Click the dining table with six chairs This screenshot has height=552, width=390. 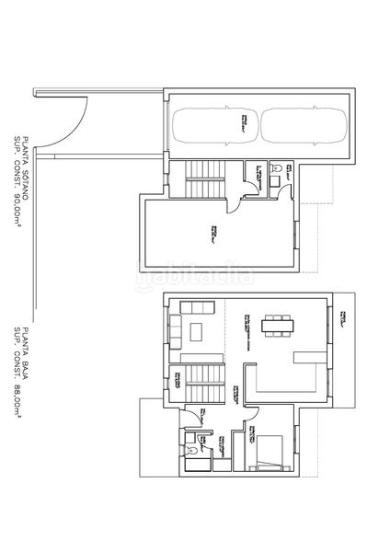(277, 324)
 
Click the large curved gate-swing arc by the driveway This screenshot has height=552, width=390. (69, 129)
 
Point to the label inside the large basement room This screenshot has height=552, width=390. (214, 234)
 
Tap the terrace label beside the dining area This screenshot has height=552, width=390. (342, 319)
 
